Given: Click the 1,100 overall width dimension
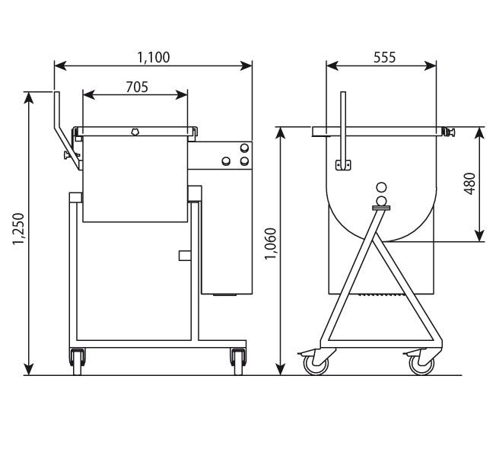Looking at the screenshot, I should [153, 56].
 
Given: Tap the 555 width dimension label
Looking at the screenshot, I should [384, 56].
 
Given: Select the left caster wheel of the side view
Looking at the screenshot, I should [314, 365].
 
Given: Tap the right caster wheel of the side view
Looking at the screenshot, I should [420, 365].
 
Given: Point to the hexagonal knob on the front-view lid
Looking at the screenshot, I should [135, 132].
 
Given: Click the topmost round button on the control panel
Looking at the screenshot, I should [243, 148].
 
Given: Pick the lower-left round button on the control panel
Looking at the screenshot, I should [226, 161].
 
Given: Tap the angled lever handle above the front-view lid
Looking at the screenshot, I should [59, 118].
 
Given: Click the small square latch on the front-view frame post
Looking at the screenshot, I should [183, 255].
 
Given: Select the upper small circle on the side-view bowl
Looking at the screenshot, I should [381, 187].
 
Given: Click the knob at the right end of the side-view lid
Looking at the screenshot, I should [450, 132].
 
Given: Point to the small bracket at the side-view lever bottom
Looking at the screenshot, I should [342, 164].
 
